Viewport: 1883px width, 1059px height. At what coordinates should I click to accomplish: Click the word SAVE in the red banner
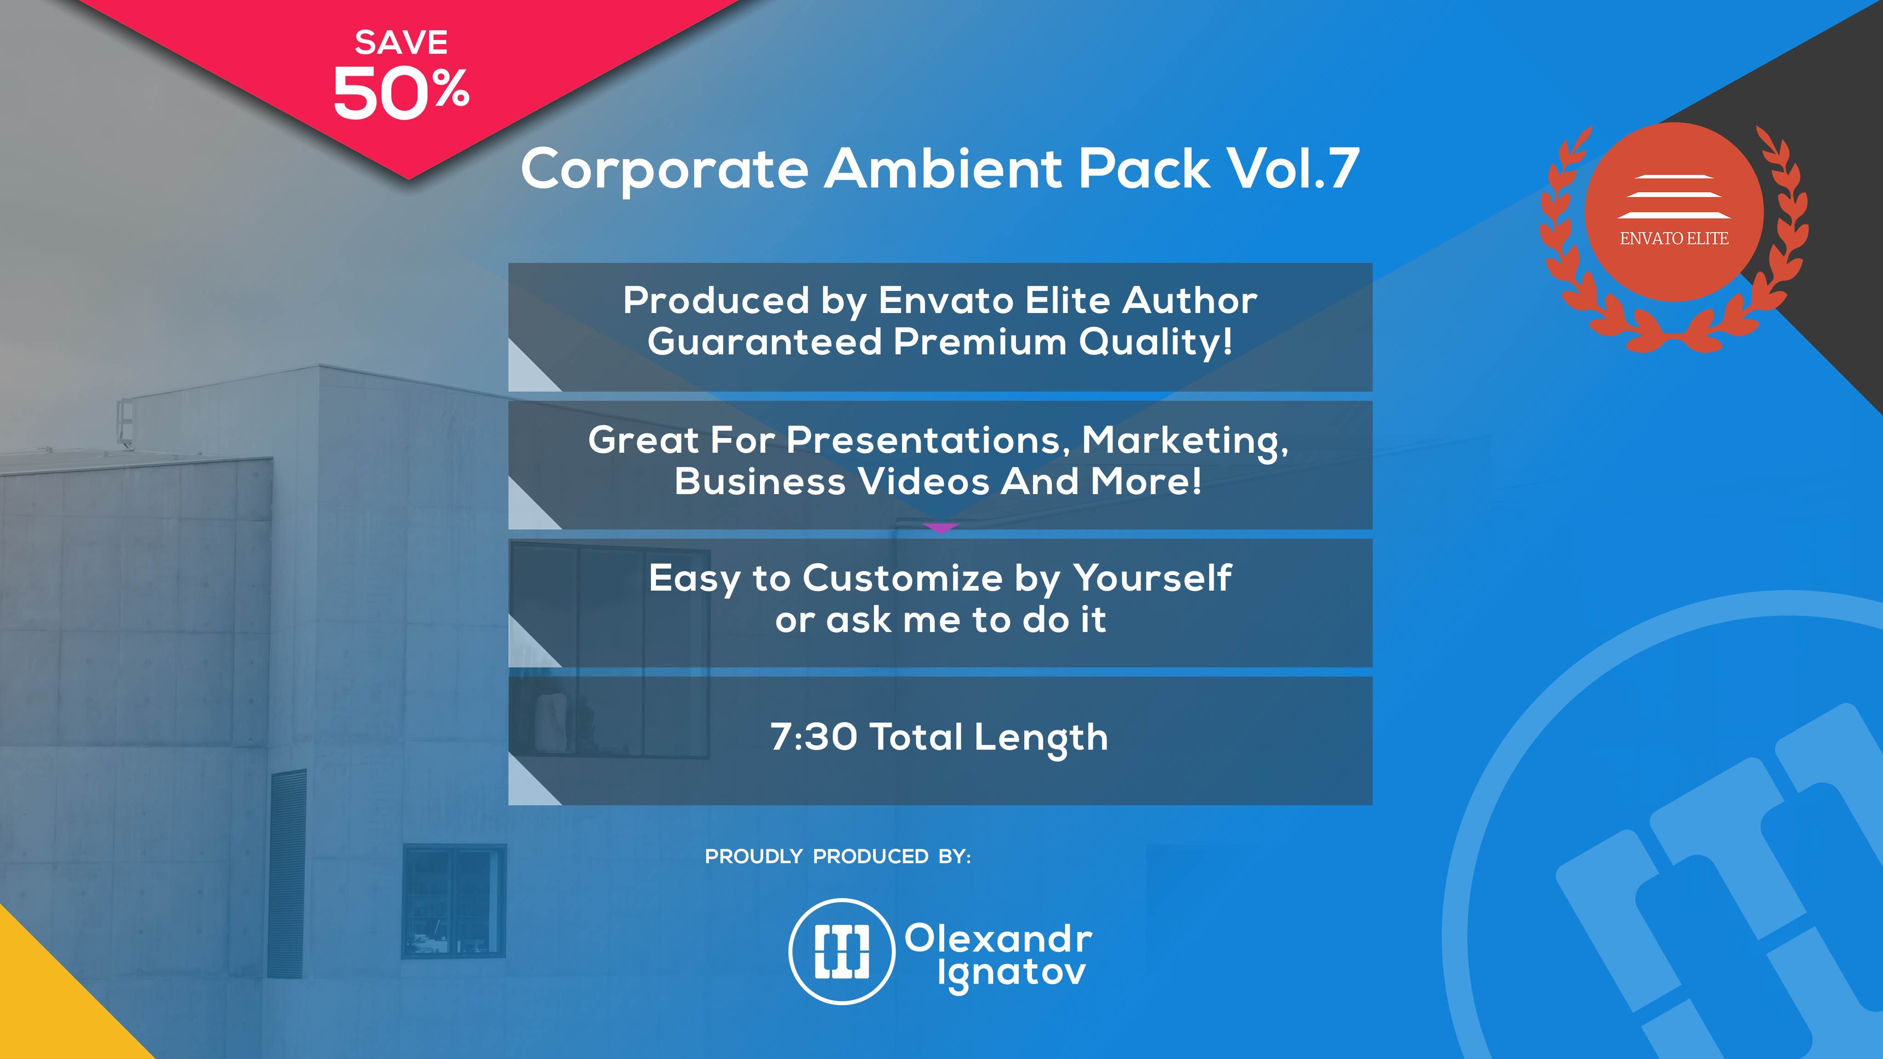point(401,42)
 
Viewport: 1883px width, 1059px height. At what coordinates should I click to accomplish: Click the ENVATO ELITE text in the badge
point(1674,238)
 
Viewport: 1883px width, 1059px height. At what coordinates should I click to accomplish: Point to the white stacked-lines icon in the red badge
point(1673,197)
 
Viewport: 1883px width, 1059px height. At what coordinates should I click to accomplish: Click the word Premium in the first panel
point(980,342)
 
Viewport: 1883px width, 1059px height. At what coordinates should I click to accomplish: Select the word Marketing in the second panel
point(1184,441)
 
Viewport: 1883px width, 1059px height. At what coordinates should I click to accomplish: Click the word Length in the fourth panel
point(1041,738)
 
